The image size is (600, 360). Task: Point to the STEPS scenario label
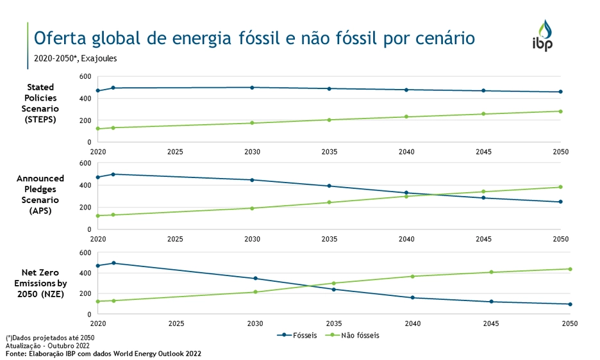pyautogui.click(x=40, y=103)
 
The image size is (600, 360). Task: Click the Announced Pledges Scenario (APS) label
pyautogui.click(x=40, y=194)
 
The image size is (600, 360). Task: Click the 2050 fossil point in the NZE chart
pyautogui.click(x=561, y=304)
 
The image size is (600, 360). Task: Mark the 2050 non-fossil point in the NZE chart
pyautogui.click(x=561, y=269)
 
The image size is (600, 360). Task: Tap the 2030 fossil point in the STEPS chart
pyautogui.click(x=252, y=88)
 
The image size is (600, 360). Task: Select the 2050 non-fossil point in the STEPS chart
pyautogui.click(x=561, y=111)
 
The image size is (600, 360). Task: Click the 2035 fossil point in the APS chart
pyautogui.click(x=329, y=186)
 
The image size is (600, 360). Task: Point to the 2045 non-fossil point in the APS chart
pyautogui.click(x=484, y=192)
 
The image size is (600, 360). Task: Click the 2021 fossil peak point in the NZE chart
pyautogui.click(x=113, y=263)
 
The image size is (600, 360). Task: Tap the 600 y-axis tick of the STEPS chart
pyautogui.click(x=85, y=77)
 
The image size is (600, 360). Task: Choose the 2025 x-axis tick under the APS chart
pyautogui.click(x=175, y=239)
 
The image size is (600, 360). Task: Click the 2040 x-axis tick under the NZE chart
pyautogui.click(x=406, y=324)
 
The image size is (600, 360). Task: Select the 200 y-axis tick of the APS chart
pyautogui.click(x=85, y=208)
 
